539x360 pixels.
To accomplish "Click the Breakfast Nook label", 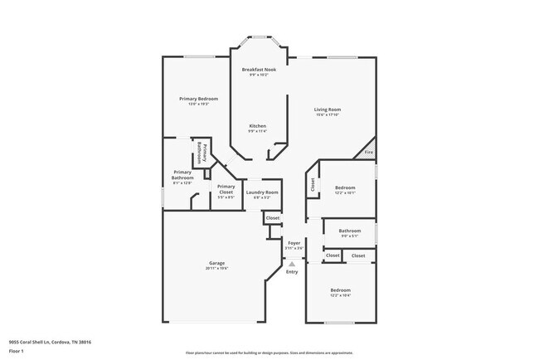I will [258, 69].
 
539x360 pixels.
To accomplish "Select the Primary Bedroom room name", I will [198, 99].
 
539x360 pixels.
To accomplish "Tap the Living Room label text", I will [327, 109].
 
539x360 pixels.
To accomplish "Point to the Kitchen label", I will [258, 125].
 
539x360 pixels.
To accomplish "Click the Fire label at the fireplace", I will [368, 153].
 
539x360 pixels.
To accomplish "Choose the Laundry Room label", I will [262, 192].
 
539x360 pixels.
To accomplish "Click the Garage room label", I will [216, 263].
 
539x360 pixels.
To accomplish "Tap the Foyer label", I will [294, 243].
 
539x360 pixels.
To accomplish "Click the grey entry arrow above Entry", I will [291, 264].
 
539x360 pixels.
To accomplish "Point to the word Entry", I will [292, 272].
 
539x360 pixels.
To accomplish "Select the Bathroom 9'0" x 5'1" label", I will [349, 231].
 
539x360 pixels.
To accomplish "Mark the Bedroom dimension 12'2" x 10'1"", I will [344, 193].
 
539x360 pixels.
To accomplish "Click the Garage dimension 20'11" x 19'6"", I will [216, 269].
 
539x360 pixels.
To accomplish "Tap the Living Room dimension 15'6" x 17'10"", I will [327, 115].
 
